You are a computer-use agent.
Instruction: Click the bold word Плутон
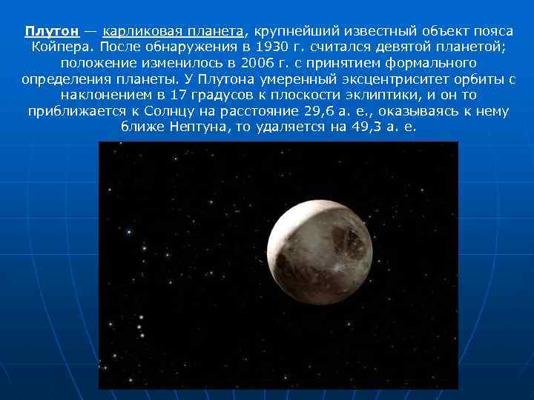[x=51, y=31]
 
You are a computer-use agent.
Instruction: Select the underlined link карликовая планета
[x=173, y=31]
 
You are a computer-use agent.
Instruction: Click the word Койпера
[x=56, y=47]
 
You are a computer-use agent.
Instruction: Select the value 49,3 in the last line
[x=366, y=127]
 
